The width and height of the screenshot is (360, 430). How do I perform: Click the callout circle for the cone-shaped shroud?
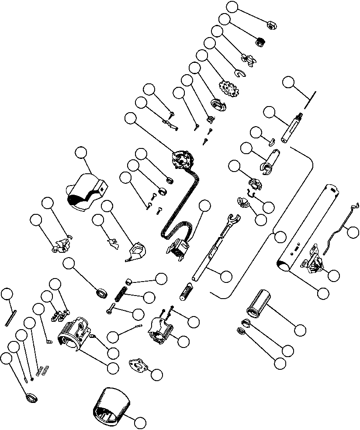pos(139,422)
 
